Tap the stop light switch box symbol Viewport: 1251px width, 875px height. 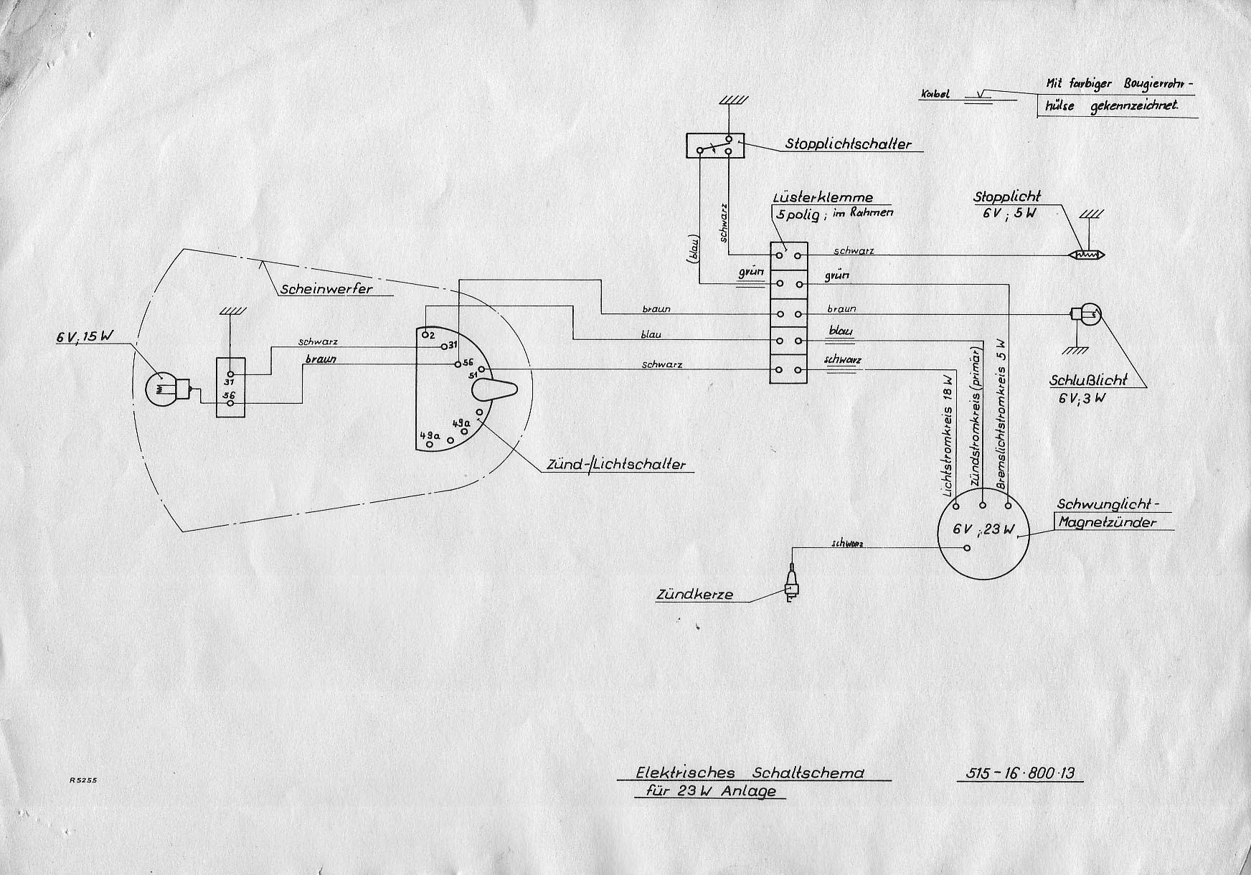(x=714, y=146)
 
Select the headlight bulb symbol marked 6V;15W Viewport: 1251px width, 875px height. (x=161, y=389)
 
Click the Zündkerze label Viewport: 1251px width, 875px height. (x=694, y=595)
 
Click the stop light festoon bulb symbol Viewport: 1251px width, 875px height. (x=1087, y=255)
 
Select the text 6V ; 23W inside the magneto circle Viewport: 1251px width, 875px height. (x=984, y=530)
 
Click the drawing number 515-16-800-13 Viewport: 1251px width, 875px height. (x=1019, y=773)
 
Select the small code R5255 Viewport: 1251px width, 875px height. (x=83, y=780)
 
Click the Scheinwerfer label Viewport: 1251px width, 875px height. (x=326, y=289)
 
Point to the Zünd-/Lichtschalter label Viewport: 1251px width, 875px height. (x=615, y=465)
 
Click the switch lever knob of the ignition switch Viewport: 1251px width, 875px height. (x=494, y=389)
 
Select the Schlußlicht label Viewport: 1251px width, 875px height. (x=1087, y=380)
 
